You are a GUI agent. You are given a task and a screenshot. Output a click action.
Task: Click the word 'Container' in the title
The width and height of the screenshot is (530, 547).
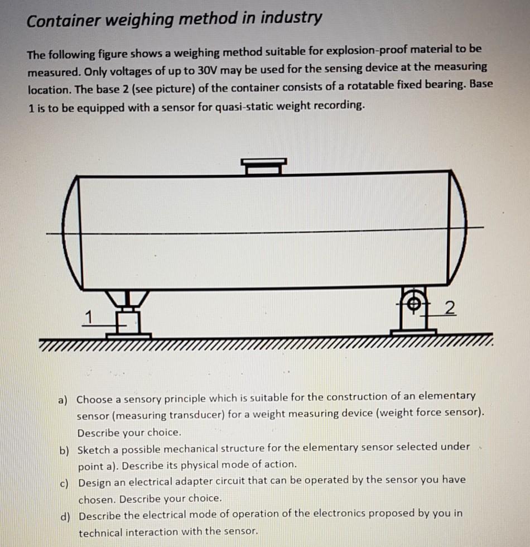coord(62,21)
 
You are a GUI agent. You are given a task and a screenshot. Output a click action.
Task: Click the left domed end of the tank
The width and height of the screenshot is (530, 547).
coord(71,232)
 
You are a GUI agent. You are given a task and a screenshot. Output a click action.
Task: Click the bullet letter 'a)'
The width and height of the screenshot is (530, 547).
coord(64,400)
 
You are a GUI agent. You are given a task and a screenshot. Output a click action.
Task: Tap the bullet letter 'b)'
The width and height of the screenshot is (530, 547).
coord(65,450)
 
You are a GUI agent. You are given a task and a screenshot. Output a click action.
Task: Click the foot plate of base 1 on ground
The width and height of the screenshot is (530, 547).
coord(128,335)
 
